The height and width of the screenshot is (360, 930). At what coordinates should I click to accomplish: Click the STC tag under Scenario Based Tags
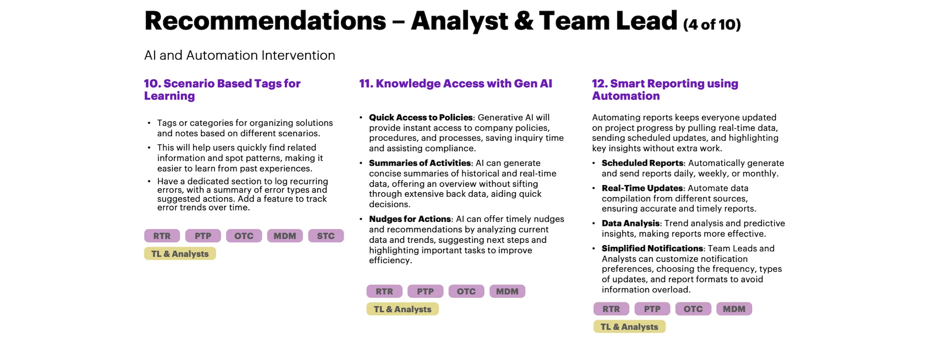(x=325, y=236)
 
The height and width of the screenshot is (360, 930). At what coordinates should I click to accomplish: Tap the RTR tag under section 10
(x=162, y=236)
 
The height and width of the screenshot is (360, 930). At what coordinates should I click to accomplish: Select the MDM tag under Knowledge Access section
(x=507, y=291)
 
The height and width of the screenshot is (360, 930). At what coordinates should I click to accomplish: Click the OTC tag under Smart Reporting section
(x=693, y=309)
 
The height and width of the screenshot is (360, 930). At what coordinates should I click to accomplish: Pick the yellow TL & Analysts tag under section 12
(x=629, y=327)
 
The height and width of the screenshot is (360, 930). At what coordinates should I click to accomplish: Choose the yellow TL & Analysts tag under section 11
(x=403, y=309)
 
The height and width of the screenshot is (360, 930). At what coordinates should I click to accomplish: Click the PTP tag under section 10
(x=203, y=236)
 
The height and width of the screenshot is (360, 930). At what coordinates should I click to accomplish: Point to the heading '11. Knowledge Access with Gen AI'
(x=456, y=84)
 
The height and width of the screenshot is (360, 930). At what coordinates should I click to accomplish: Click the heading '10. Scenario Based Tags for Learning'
(x=222, y=90)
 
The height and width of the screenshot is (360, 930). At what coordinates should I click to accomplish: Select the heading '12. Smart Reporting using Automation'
(x=665, y=90)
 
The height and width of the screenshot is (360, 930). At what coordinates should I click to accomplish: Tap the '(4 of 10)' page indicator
(x=712, y=24)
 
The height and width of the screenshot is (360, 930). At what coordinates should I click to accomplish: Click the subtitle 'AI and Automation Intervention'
(x=240, y=55)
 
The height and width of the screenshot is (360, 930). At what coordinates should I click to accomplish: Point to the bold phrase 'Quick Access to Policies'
(x=420, y=117)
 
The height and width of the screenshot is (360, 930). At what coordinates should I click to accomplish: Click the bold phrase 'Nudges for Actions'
(x=410, y=219)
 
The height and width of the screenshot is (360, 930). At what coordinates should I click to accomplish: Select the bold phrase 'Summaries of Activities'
(x=420, y=163)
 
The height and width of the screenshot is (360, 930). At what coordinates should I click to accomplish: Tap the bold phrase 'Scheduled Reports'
(x=642, y=163)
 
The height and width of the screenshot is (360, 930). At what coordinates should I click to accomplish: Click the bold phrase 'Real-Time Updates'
(x=642, y=188)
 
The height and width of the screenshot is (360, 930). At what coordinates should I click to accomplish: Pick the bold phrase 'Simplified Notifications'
(x=652, y=249)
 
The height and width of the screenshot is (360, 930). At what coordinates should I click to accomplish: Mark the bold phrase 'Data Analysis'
(x=631, y=223)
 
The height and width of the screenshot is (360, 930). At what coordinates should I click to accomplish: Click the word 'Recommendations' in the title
(x=265, y=21)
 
